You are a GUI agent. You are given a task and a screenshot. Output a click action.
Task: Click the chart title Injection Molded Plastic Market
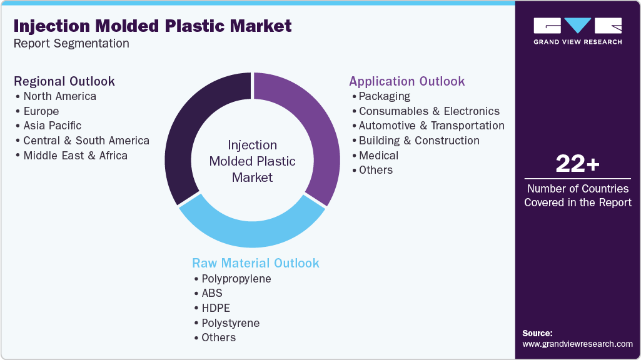coord(153,26)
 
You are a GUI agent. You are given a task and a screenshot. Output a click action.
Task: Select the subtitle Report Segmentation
coord(71,44)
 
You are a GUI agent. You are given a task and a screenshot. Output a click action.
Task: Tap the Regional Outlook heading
coord(64,81)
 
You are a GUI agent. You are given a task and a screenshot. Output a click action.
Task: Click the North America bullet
coord(59,96)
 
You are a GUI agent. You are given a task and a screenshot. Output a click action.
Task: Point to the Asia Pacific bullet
coord(52,126)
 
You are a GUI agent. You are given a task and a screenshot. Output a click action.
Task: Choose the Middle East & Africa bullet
coord(75,156)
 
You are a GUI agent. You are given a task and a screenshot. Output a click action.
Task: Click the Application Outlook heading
coord(406,81)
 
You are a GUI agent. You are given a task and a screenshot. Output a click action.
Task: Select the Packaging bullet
coord(384,96)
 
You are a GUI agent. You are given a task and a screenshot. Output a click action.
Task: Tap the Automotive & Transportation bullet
coord(432,126)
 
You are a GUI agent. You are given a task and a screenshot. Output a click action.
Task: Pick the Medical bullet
coord(378,155)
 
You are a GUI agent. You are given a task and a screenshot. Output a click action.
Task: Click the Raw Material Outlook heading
coord(255,263)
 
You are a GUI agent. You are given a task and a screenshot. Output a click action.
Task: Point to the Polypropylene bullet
coord(236,279)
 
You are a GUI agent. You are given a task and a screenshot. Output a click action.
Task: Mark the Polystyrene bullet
coord(230,323)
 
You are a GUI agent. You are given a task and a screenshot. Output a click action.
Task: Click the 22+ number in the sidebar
coord(577,164)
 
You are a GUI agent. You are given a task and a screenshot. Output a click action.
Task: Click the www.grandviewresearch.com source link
coord(577,344)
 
